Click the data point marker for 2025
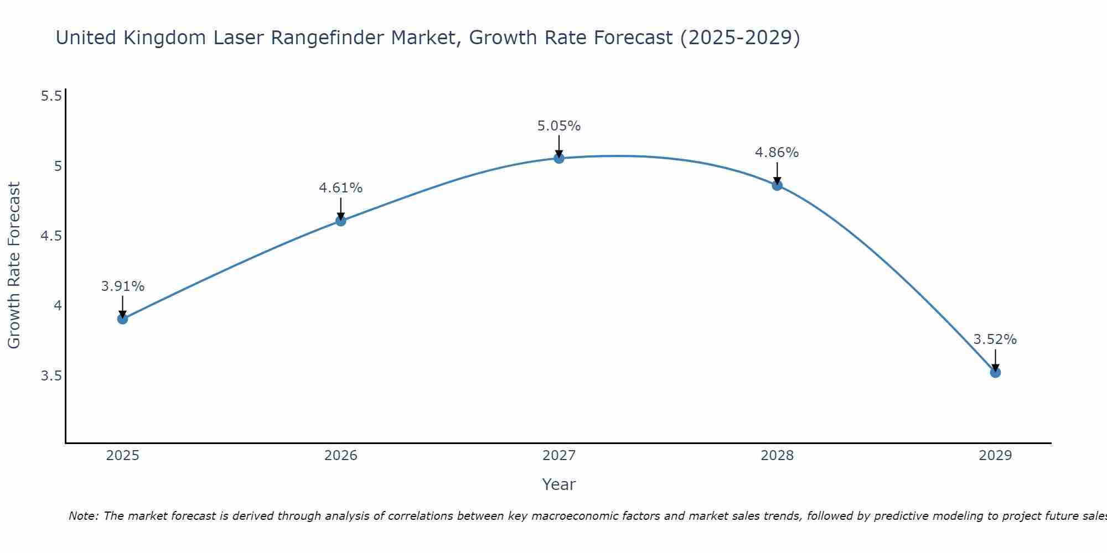[123, 319]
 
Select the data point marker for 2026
[341, 221]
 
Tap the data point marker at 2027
[559, 158]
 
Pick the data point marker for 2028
[777, 185]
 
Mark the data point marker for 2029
[995, 372]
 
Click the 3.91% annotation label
[123, 286]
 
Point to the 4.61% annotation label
[341, 188]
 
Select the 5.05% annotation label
[559, 126]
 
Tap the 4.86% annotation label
[777, 153]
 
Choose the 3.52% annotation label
[995, 340]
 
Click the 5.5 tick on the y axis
[51, 96]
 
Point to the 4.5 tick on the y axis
[51, 236]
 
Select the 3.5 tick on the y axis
[51, 376]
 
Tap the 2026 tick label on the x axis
[341, 456]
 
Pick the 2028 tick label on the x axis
[777, 456]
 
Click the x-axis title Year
[559, 484]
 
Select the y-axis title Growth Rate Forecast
[14, 265]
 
